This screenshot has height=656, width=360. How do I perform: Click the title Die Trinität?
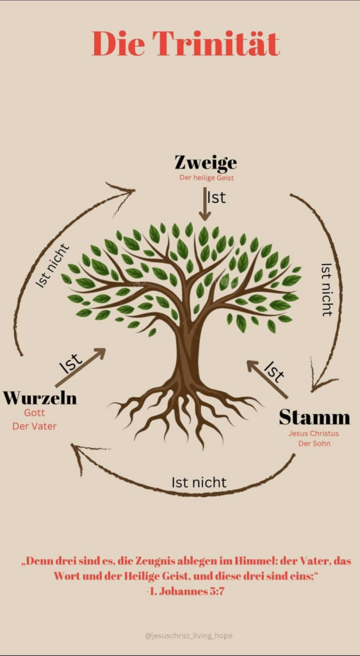pos(186,44)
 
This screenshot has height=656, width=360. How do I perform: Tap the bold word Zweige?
pos(206,163)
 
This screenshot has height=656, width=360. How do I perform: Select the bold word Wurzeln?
pos(40,397)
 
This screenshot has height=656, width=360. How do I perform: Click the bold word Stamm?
pos(315,417)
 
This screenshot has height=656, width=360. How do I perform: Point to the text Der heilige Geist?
pos(206,178)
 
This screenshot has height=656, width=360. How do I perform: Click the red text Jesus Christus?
pos(314,434)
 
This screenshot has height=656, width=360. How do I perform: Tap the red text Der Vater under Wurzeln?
pos(35,426)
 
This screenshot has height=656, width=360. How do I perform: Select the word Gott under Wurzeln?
pos(35,413)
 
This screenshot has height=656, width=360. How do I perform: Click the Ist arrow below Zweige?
pos(204,204)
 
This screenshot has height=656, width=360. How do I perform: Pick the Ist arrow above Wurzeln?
pos(80,367)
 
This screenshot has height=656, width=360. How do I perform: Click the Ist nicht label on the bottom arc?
pos(199,482)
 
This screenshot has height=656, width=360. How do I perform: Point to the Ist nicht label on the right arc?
pos(327,289)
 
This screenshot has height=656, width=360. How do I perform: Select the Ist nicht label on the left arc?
pos(53,266)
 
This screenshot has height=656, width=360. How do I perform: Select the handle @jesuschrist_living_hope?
pos(188,636)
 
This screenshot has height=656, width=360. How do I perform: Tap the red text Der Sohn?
pos(314,443)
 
